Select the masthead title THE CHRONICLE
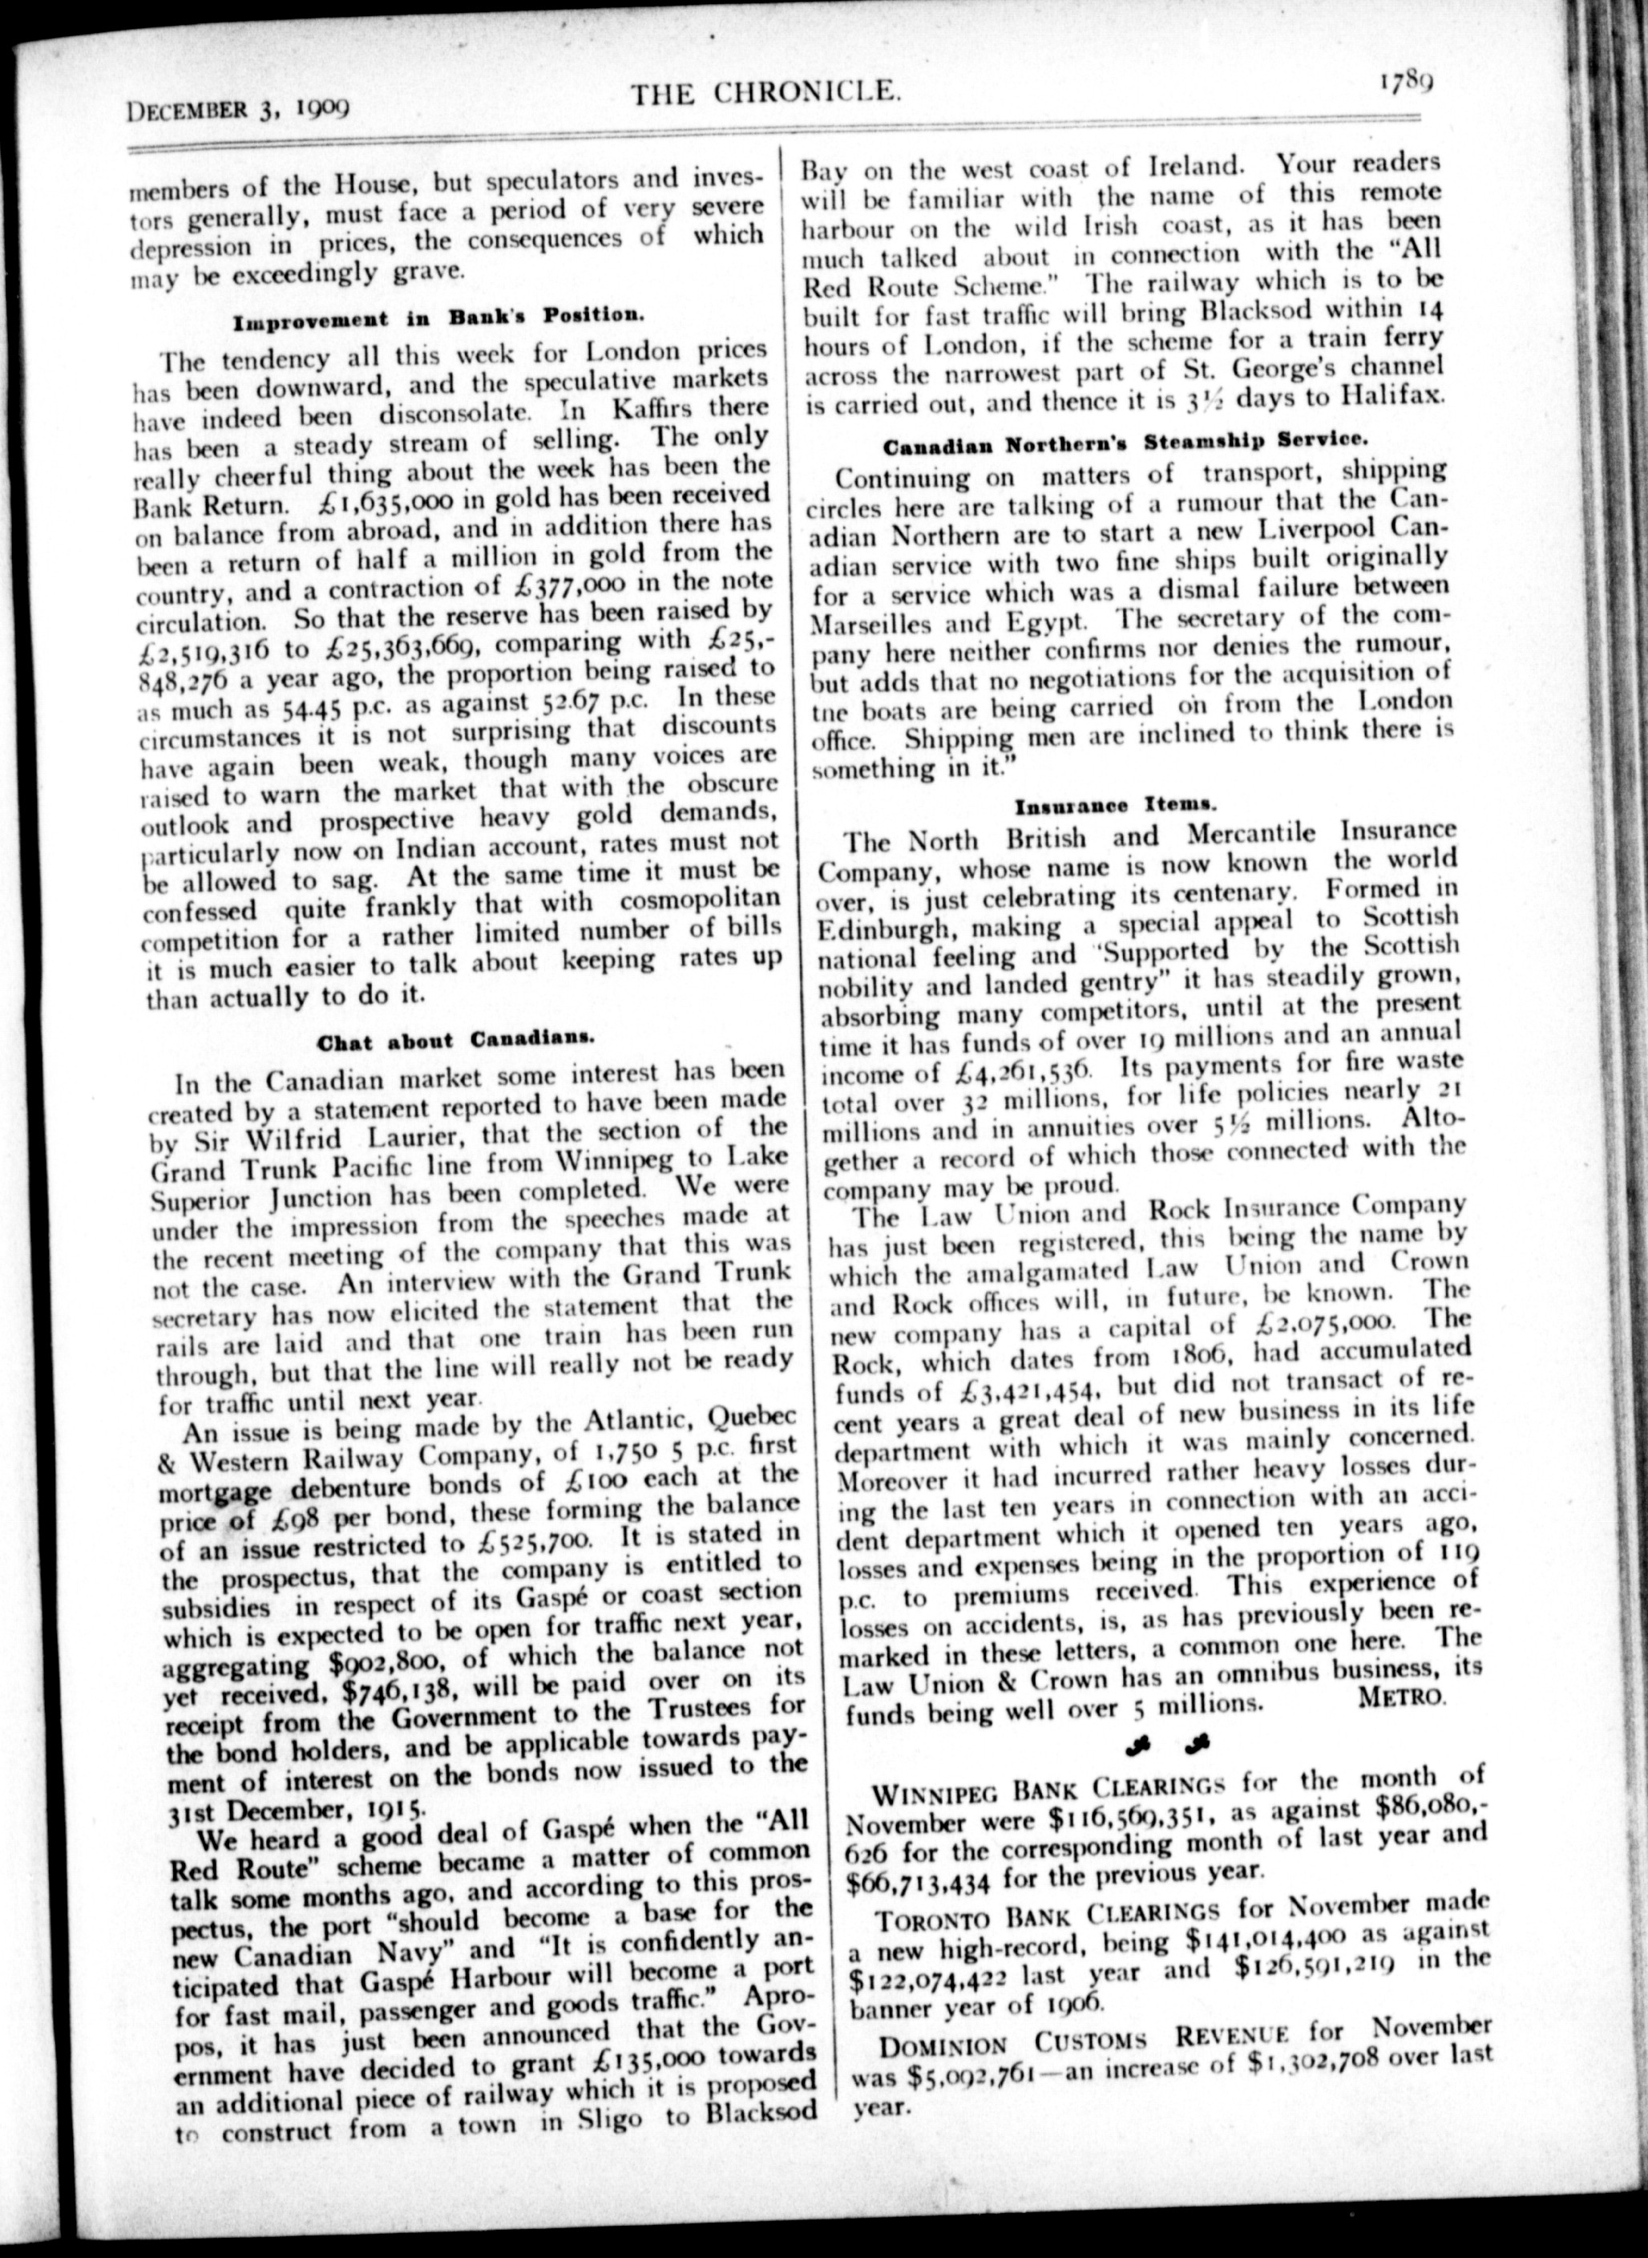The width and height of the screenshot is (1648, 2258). click(x=766, y=94)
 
